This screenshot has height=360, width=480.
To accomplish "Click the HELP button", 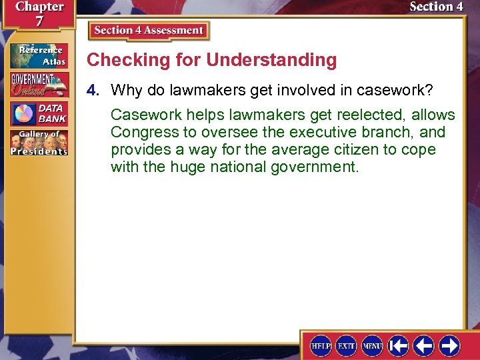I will click(x=321, y=345).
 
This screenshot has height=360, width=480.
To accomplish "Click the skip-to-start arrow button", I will click(x=399, y=345).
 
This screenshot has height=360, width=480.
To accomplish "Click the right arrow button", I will click(x=449, y=345).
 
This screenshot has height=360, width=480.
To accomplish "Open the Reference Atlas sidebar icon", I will click(x=38, y=55).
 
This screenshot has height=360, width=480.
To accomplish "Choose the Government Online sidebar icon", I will click(x=38, y=83).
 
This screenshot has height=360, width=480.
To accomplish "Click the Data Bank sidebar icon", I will click(x=38, y=113).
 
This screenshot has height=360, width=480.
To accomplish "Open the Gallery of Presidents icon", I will click(x=38, y=141).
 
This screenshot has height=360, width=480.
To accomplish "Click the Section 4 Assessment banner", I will click(x=149, y=31).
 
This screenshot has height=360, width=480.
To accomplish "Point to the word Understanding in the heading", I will click(x=271, y=60).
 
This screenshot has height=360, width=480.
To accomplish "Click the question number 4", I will click(x=97, y=89).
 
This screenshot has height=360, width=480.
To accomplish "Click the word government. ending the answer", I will click(x=315, y=167).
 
